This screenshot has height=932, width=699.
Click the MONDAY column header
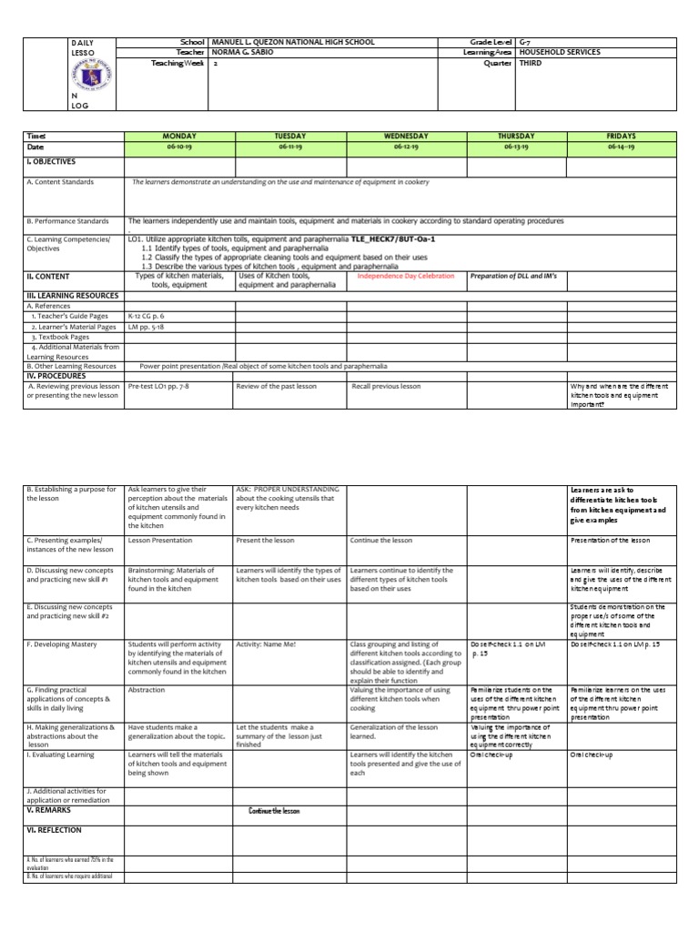[x=179, y=136]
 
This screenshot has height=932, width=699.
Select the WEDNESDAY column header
[x=405, y=136]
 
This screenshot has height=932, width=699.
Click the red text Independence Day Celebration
[x=405, y=276]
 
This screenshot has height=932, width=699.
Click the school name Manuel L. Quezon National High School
[x=292, y=42]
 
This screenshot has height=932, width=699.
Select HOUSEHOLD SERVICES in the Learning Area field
[x=559, y=53]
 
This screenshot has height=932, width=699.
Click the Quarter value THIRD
[x=531, y=64]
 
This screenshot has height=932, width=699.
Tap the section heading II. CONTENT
[x=48, y=276]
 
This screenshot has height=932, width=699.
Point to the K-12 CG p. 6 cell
[x=147, y=316]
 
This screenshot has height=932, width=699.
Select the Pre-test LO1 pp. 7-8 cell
[x=159, y=386]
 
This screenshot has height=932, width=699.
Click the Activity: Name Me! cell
[x=266, y=644]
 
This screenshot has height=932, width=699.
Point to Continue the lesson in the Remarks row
[x=274, y=811]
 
